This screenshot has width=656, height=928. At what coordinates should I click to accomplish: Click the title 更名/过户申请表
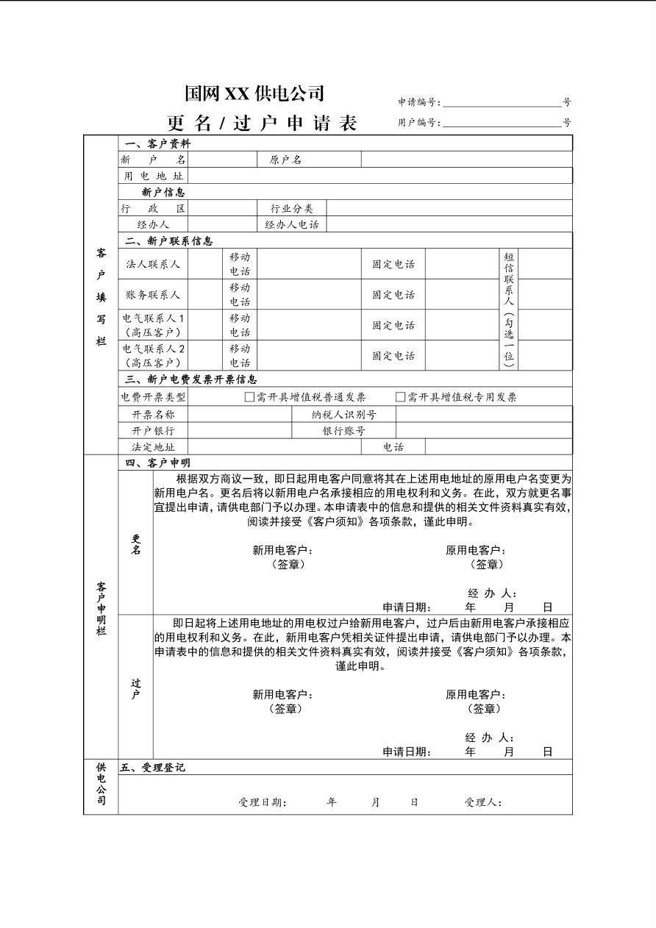pyautogui.click(x=263, y=123)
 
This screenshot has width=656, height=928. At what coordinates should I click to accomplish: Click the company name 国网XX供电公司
pyautogui.click(x=254, y=93)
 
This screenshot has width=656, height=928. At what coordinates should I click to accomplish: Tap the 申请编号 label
pyautogui.click(x=419, y=102)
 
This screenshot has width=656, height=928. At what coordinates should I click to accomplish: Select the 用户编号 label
pyautogui.click(x=419, y=123)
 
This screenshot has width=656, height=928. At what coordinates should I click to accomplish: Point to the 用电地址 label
pyautogui.click(x=153, y=176)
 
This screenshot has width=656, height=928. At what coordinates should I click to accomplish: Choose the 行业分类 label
pyautogui.click(x=292, y=209)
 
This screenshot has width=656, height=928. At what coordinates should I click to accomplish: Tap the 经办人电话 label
pyautogui.click(x=292, y=224)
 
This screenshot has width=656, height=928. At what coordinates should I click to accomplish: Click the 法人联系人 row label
pyautogui.click(x=153, y=264)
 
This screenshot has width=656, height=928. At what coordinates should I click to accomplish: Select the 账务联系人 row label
pyautogui.click(x=153, y=295)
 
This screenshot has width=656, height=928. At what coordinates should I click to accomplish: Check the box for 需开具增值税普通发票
pyautogui.click(x=249, y=397)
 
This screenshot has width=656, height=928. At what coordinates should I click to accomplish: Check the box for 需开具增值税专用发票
pyautogui.click(x=401, y=397)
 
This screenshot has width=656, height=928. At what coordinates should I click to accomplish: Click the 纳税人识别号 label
pyautogui.click(x=344, y=415)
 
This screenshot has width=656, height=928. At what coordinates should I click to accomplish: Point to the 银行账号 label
pyautogui.click(x=343, y=431)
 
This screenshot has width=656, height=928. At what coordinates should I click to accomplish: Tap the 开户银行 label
pyautogui.click(x=153, y=431)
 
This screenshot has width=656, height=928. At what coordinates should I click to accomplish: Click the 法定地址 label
pyautogui.click(x=153, y=447)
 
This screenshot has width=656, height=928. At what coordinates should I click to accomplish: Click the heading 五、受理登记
pyautogui.click(x=152, y=768)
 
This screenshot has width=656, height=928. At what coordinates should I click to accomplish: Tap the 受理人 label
pyautogui.click(x=483, y=802)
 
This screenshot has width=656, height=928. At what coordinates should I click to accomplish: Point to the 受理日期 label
pyautogui.click(x=263, y=802)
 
